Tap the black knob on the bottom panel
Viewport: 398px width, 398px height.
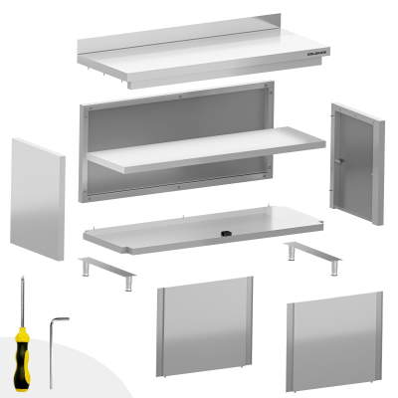227,233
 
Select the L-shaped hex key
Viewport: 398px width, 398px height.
51,338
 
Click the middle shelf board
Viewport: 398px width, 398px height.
204,150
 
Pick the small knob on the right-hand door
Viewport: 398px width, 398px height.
338,163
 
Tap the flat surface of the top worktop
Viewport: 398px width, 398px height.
199,59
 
